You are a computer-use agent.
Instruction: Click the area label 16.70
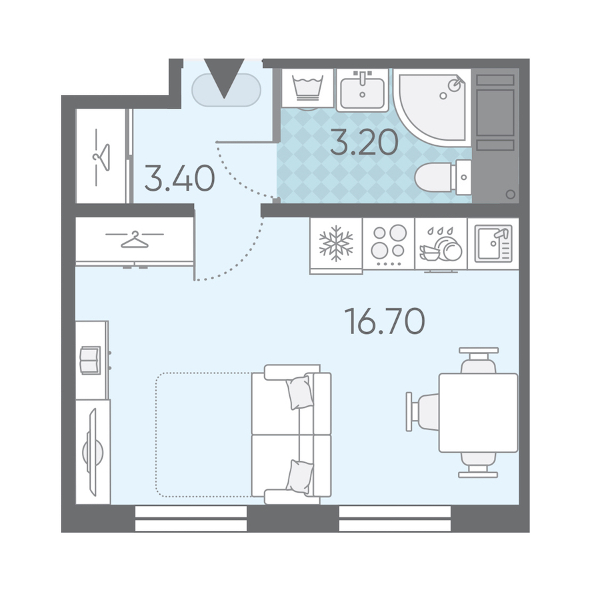[x=385, y=321]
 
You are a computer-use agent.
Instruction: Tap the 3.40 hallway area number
[x=179, y=178]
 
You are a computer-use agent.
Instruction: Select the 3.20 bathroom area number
[x=364, y=142]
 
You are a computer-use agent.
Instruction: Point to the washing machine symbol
[x=307, y=88]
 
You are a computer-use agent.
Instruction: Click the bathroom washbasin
[x=362, y=90]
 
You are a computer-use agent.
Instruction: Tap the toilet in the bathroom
[x=443, y=177]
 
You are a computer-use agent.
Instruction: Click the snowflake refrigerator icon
[x=336, y=244]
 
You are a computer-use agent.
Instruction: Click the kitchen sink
[x=493, y=244]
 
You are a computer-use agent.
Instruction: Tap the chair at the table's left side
[x=423, y=411]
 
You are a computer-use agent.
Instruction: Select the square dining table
[x=478, y=413]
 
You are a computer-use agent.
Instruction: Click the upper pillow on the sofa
[x=299, y=393]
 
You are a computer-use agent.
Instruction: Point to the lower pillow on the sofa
[x=299, y=477]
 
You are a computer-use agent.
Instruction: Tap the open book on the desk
[x=90, y=361]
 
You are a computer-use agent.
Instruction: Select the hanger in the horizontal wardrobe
[x=135, y=239]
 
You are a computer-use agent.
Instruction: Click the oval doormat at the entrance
[x=226, y=90]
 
